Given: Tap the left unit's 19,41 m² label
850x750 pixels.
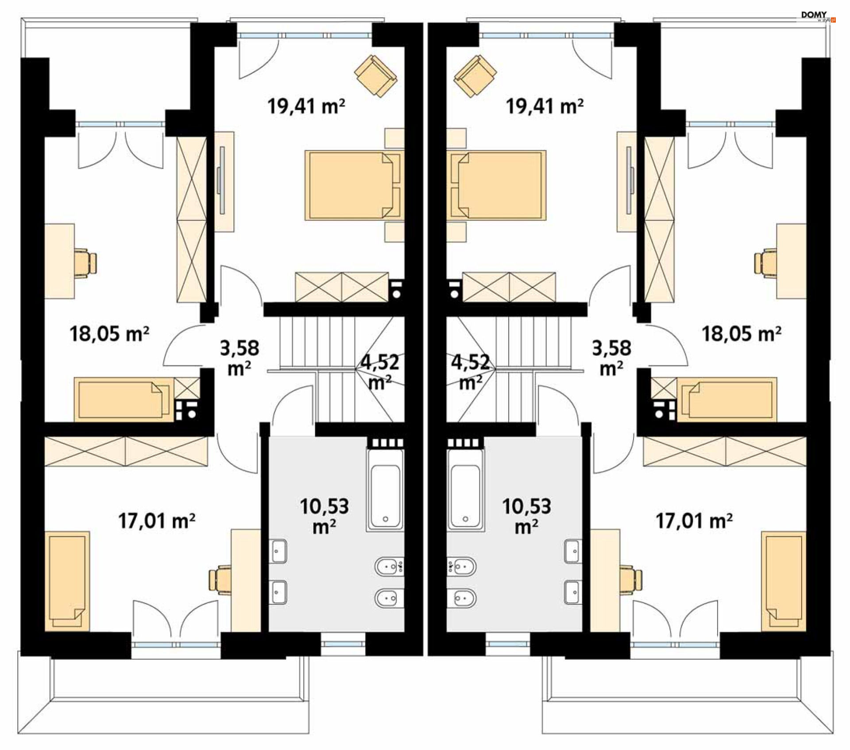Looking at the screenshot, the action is (306, 107).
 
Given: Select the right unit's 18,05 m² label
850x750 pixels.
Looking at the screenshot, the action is (741, 334).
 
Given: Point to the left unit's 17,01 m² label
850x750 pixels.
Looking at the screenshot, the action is (157, 521).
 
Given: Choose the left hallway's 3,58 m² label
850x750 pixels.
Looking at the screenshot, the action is (240, 358).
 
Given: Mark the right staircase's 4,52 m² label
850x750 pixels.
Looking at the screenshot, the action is (470, 372).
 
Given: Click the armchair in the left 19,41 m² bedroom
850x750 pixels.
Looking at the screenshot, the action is (376, 76).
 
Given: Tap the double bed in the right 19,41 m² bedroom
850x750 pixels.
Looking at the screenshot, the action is (496, 185).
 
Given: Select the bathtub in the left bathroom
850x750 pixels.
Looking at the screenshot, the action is (385, 490).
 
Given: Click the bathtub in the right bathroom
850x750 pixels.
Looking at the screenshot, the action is (465, 490).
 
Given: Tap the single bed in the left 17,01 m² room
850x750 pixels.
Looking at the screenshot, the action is (67, 581).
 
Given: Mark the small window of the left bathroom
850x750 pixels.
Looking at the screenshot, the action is (343, 644).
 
